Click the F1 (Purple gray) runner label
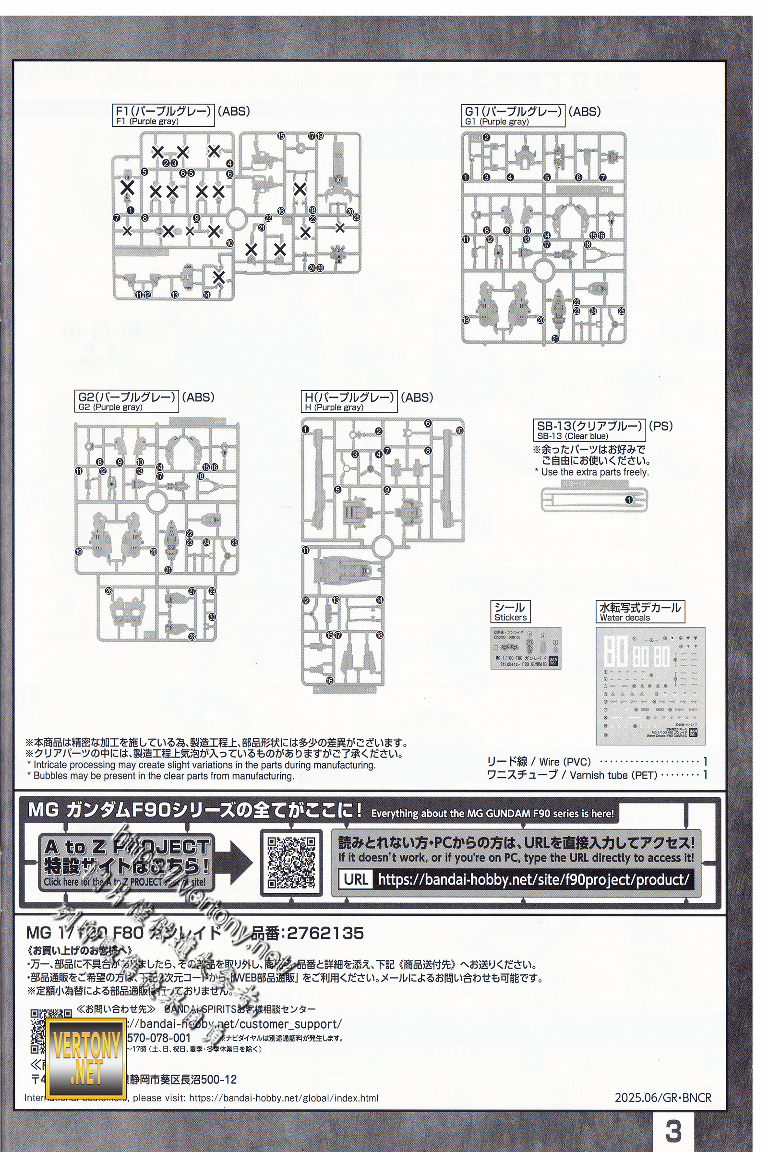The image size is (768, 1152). [163, 115]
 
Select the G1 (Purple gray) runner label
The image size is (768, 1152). [513, 116]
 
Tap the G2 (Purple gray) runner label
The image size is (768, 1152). [126, 401]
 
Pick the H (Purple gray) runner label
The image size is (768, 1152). [349, 401]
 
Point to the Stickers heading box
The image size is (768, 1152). [510, 612]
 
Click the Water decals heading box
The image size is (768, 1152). [640, 612]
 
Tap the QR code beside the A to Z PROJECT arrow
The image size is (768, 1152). [291, 863]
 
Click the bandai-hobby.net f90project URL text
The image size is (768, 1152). [533, 880]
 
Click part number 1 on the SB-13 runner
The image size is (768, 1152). [629, 500]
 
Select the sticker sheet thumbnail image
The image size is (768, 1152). [526, 648]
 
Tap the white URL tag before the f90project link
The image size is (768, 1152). [356, 880]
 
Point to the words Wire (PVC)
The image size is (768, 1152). [565, 762]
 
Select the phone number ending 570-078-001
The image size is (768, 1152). [158, 1038]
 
